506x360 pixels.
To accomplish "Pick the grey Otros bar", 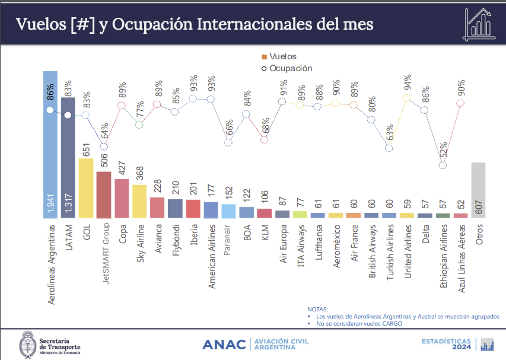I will click(x=478, y=190).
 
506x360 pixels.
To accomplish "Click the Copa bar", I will click(x=122, y=199).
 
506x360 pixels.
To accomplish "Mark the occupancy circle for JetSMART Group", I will click(x=104, y=146).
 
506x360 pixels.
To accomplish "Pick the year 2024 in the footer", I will click(x=465, y=348).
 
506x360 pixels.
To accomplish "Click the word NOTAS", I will click(x=317, y=310).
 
